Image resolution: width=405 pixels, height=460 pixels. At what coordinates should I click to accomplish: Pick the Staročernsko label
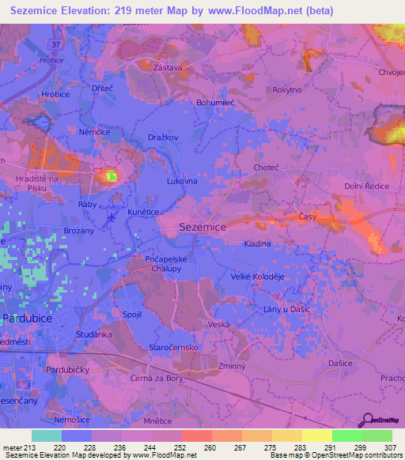pos(173,347)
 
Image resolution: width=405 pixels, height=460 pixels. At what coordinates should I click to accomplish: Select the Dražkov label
pos(163,138)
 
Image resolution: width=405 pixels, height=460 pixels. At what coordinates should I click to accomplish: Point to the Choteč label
pos(266,168)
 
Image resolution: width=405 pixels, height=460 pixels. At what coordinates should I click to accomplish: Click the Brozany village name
pos(80,230)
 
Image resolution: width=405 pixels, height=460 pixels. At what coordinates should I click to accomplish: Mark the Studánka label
pos(93,335)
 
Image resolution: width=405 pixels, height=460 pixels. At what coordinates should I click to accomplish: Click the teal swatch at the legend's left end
pos(47,435)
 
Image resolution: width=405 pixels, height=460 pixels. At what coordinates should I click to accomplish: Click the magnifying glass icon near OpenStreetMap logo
pos(366,420)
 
